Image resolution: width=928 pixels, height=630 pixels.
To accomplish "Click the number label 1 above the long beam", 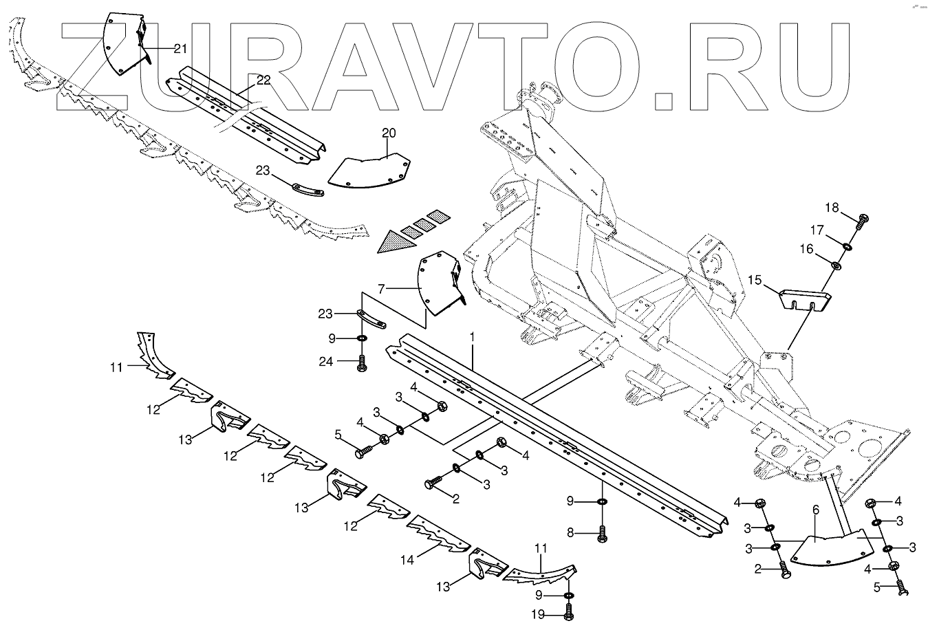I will (473, 337).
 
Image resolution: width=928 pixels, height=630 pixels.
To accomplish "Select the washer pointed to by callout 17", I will (845, 246).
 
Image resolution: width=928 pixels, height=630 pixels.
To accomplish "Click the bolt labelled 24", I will (363, 363).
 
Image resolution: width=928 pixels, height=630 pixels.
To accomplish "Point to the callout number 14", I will (407, 560).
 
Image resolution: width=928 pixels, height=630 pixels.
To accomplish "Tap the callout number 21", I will (180, 48).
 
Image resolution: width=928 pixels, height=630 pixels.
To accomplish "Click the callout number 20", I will (389, 133).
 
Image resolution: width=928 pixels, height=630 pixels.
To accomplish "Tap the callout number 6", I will (815, 510).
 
